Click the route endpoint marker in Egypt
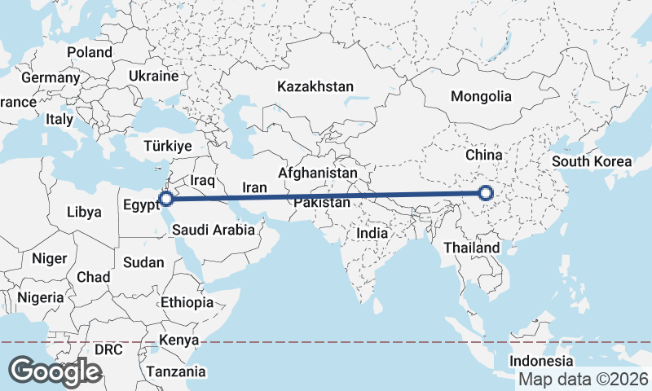pyautogui.click(x=165, y=198)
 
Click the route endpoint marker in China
pyautogui.click(x=486, y=193)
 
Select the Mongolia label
pyautogui.click(x=481, y=96)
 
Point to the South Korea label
pyautogui.click(x=592, y=160)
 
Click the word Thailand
pyautogui.click(x=472, y=247)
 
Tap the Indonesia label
pyautogui.click(x=541, y=361)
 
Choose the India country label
pyautogui.click(x=372, y=233)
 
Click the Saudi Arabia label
pyautogui.click(x=214, y=231)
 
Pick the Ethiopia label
pyautogui.click(x=187, y=302)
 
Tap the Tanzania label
pyautogui.click(x=176, y=371)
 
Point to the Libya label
pyautogui.click(x=84, y=212)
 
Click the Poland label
pyautogui.click(x=90, y=52)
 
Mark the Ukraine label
pyautogui.click(x=153, y=76)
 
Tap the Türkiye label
pyautogui.click(x=167, y=146)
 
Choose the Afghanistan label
pyautogui.click(x=318, y=173)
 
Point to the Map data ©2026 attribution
pyautogui.click(x=584, y=380)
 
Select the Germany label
pyautogui.click(x=51, y=78)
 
